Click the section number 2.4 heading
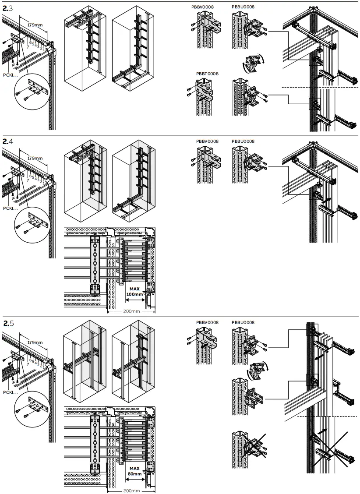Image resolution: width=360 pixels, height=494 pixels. point(8,141)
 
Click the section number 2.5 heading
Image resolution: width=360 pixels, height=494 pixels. point(8,323)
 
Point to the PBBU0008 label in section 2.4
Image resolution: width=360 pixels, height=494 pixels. point(243,141)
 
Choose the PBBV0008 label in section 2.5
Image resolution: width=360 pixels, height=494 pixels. point(207,323)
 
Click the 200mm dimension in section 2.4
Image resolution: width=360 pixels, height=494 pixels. point(131,311)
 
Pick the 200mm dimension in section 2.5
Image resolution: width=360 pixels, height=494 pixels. point(131,490)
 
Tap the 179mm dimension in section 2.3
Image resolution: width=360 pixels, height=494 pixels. point(35,25)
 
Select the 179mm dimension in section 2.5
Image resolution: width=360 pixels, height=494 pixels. point(35,342)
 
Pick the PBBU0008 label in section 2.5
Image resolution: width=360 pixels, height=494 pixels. point(243,323)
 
